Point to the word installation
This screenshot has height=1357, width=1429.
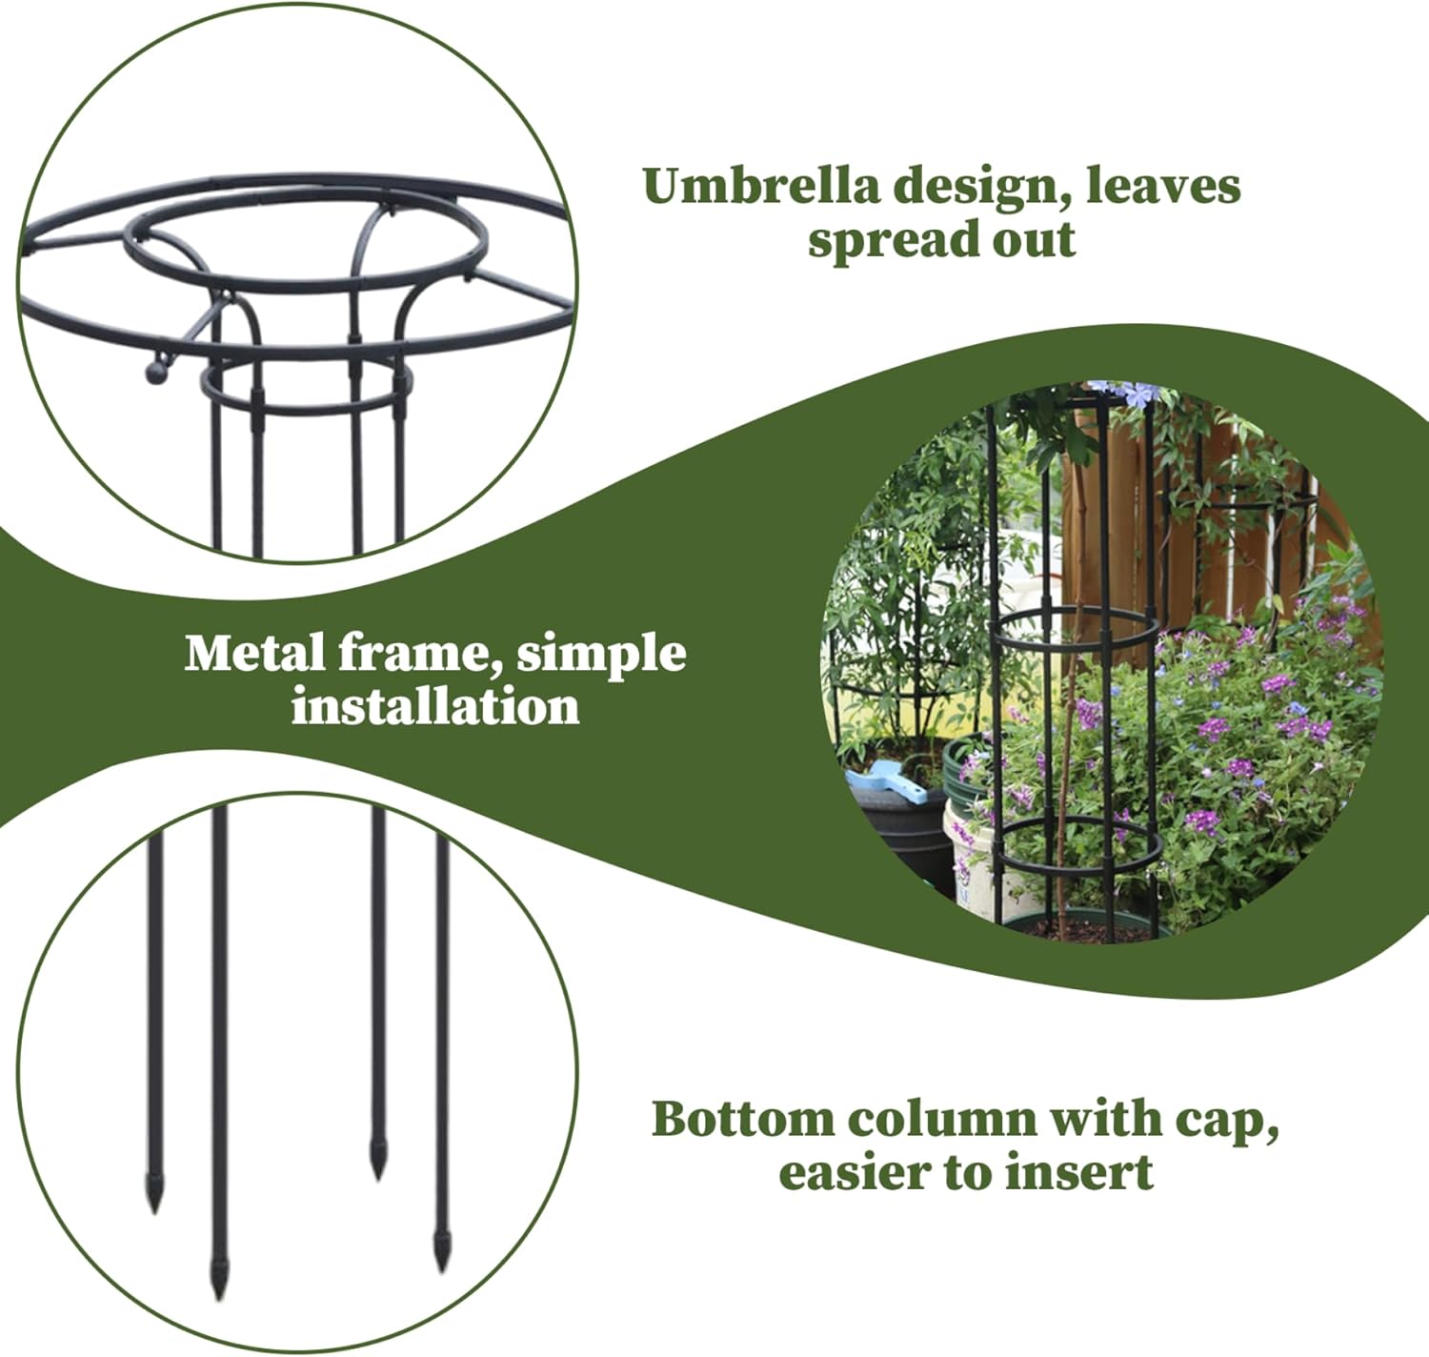coord(435,707)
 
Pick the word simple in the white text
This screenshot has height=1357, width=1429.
coord(601,656)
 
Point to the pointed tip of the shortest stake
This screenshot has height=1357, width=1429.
coord(379,1170)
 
